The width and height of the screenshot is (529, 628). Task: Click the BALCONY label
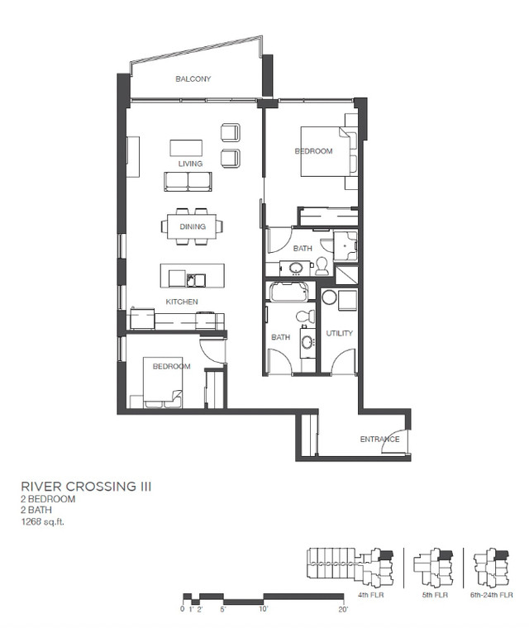pos(193,79)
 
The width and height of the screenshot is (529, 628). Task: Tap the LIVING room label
pos(190,164)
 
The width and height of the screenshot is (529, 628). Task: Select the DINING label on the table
pos(193,226)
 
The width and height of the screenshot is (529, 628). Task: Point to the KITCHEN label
pos(182,302)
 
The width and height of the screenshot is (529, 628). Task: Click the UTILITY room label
pos(340,333)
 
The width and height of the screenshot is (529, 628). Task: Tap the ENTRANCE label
pos(379,439)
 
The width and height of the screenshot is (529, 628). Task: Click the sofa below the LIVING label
pos(188,181)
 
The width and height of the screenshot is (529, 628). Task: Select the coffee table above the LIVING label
pos(186,147)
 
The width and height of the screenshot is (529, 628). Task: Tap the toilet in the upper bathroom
pos(322,265)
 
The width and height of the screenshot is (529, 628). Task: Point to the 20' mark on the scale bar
pos(342,610)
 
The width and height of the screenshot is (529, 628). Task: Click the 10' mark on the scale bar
pos(263,610)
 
